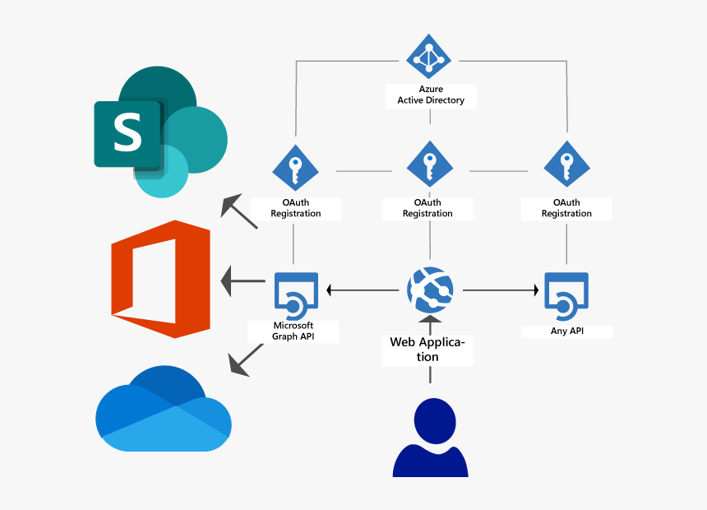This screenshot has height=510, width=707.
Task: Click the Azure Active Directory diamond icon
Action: (x=427, y=59)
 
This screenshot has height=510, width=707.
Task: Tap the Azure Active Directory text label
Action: (x=431, y=95)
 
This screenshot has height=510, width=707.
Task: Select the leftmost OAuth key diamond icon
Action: (x=296, y=167)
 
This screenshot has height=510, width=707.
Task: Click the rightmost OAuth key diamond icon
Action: (x=566, y=166)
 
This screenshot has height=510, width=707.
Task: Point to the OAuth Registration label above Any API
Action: (x=566, y=208)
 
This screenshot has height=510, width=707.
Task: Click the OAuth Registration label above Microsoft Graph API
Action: (x=296, y=208)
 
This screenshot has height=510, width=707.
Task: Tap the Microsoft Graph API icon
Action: (x=296, y=294)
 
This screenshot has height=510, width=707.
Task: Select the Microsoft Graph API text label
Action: (x=294, y=331)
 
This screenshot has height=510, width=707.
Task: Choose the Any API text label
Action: (x=566, y=331)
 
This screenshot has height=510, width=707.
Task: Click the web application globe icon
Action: (x=430, y=290)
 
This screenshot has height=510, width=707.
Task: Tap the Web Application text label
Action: (x=427, y=349)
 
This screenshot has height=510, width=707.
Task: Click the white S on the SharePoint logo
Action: (x=127, y=133)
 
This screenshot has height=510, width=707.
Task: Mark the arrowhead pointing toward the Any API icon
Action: (x=535, y=290)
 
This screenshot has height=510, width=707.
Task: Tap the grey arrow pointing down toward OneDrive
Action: (x=244, y=360)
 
